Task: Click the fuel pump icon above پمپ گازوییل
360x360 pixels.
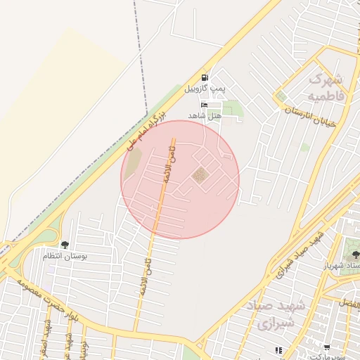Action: (x=205, y=77)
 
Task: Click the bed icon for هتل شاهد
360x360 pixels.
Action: (x=205, y=105)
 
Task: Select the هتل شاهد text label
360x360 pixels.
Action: (x=205, y=115)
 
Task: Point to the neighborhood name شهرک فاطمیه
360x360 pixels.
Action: (x=326, y=86)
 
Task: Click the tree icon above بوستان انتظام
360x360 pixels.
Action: (x=65, y=245)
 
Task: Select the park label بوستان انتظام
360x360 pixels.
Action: (x=65, y=257)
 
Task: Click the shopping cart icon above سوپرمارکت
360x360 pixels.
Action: (x=326, y=347)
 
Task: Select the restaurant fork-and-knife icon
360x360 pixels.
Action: (x=278, y=349)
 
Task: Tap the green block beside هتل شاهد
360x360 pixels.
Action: (x=232, y=110)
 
